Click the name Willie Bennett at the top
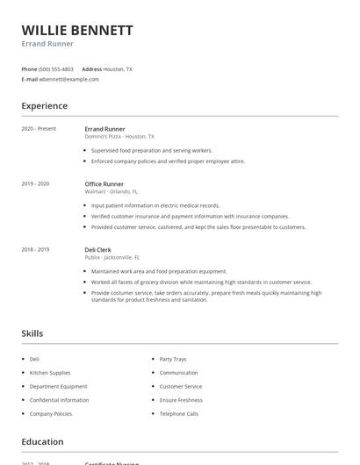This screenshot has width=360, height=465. [x=77, y=31]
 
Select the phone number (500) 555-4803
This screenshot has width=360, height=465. [x=56, y=68]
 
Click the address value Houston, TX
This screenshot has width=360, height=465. [x=118, y=68]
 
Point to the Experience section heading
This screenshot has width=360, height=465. [x=44, y=106]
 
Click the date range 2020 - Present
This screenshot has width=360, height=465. [x=39, y=129]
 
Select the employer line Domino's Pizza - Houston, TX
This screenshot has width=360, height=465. [x=119, y=137]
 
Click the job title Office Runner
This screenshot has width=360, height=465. [x=104, y=184]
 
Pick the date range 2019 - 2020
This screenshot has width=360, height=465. [x=35, y=184]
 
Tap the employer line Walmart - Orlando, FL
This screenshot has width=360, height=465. [x=112, y=191]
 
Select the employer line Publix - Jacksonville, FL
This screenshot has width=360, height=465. [x=112, y=257]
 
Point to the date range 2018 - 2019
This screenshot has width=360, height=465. [x=35, y=250]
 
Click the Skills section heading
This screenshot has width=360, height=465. [x=32, y=333]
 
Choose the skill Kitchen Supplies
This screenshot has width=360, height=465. [x=50, y=373]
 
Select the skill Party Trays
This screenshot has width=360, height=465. [x=173, y=359]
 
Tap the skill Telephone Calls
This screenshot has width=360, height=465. [x=178, y=413]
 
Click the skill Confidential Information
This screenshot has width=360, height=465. [x=59, y=400]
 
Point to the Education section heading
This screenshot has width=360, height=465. [x=42, y=442]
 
